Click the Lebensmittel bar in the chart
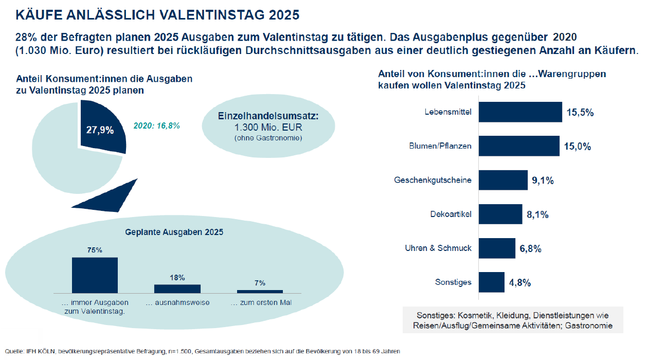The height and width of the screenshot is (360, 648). click(520, 112)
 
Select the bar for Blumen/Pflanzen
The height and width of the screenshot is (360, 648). click(519, 146)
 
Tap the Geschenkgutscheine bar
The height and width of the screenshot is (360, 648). click(503, 180)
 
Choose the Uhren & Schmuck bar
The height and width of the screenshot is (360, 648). click(497, 248)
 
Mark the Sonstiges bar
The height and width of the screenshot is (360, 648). click(492, 282)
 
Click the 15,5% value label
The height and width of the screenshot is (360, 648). click(580, 113)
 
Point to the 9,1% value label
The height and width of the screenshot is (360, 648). click(543, 181)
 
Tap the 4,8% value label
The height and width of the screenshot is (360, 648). click(520, 283)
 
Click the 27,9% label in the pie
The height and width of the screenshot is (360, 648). click(100, 130)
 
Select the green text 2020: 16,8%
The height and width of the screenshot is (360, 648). click(157, 125)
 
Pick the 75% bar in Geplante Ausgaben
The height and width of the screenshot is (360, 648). click(95, 275)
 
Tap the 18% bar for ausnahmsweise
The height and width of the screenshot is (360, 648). click(177, 289)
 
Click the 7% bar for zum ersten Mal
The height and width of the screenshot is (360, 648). click(260, 292)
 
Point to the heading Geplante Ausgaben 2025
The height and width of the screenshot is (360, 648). click(174, 232)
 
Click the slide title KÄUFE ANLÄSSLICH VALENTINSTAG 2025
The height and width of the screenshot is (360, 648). click(157, 14)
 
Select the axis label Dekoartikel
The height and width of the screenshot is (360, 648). click(451, 214)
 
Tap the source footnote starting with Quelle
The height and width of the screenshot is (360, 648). click(202, 351)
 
